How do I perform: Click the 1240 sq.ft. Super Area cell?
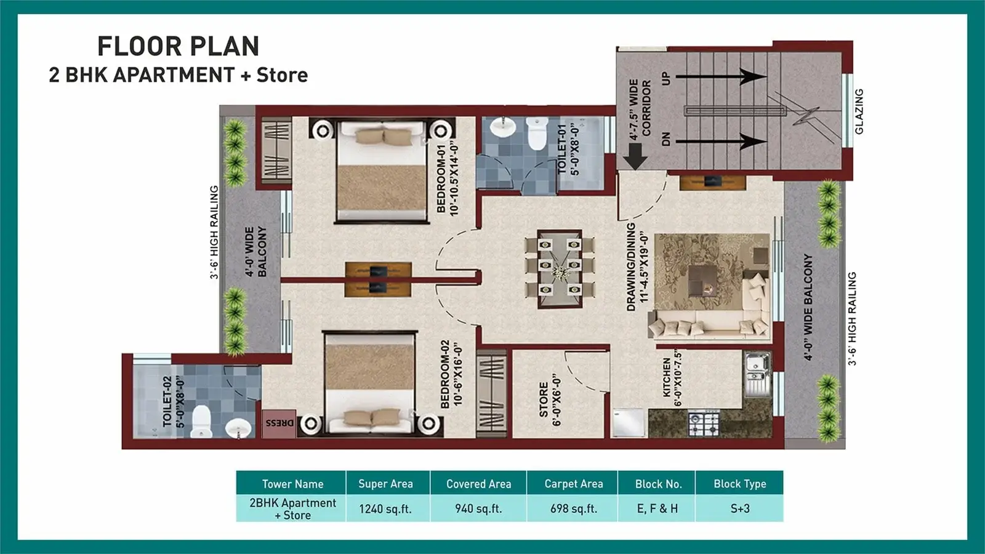click(385, 509)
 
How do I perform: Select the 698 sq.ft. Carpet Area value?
click(573, 509)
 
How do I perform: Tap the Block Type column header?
click(739, 484)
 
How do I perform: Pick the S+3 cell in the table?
click(739, 509)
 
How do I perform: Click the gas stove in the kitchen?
click(704, 424)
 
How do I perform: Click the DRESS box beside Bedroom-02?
click(279, 424)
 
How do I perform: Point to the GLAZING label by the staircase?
click(859, 111)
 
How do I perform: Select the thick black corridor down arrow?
click(635, 157)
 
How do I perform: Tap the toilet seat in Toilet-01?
click(537, 134)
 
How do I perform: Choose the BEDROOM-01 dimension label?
click(448, 179)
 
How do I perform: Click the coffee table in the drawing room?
click(702, 281)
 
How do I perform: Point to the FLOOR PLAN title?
click(179, 47)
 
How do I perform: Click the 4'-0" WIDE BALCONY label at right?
click(808, 307)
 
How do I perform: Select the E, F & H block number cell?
click(657, 509)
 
